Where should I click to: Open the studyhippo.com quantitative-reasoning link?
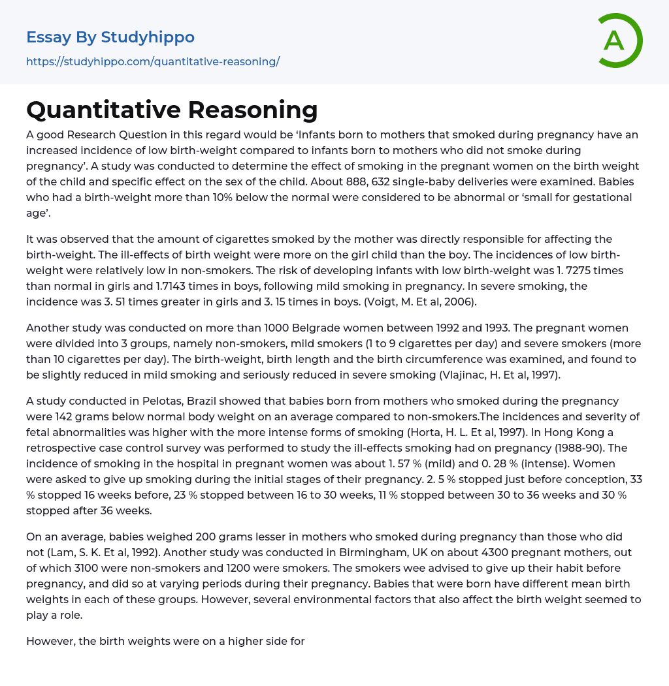pos(153,62)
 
